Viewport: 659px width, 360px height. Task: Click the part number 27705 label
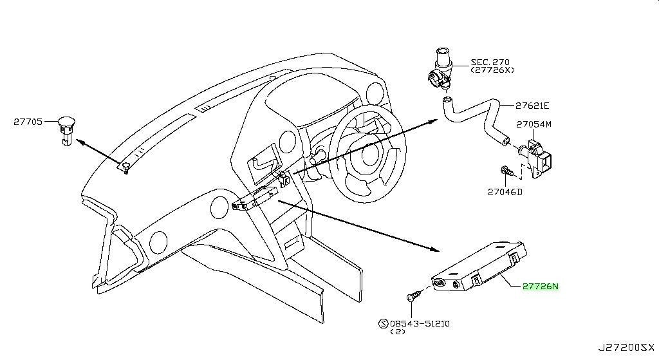[x=28, y=122]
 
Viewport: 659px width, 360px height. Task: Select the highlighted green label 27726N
[x=541, y=287]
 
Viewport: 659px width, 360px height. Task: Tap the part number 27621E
[x=532, y=106]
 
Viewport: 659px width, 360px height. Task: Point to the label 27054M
[x=534, y=124]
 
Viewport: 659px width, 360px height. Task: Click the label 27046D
[x=505, y=192]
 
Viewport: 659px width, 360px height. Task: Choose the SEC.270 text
[x=490, y=62]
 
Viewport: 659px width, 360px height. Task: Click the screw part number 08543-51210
[x=420, y=323]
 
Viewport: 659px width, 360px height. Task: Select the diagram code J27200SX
[x=626, y=348]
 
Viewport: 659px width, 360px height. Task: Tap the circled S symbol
[x=384, y=323]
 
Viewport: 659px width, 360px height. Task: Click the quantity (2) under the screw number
[x=398, y=332]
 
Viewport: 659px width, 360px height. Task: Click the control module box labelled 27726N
[x=479, y=265]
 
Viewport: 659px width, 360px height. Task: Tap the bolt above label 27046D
[x=507, y=171]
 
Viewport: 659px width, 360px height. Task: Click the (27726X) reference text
[x=492, y=70]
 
